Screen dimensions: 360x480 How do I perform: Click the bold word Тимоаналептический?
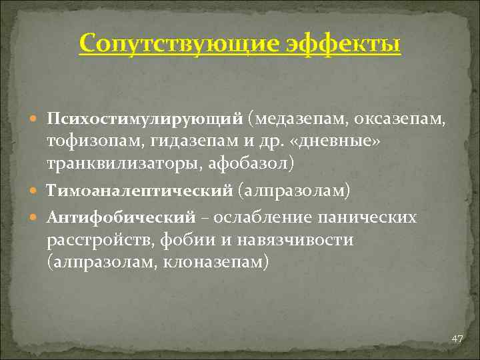pyautogui.click(x=139, y=191)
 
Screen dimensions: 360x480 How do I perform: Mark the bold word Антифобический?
pyautogui.click(x=121, y=218)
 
